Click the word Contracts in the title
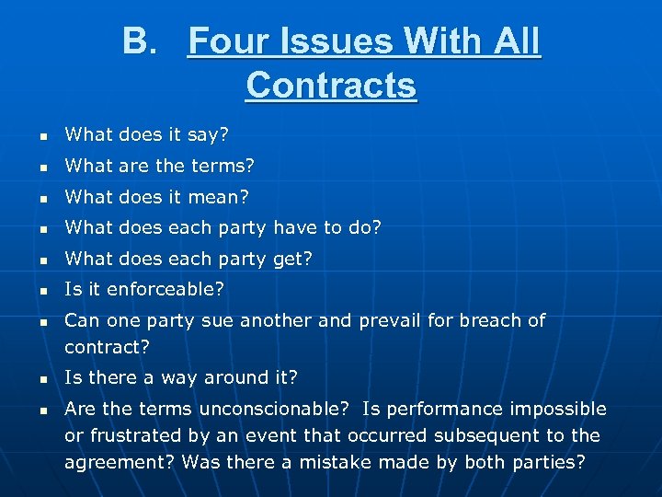(x=331, y=86)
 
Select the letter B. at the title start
(x=139, y=41)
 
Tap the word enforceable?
(x=165, y=290)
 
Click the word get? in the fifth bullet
(x=292, y=260)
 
